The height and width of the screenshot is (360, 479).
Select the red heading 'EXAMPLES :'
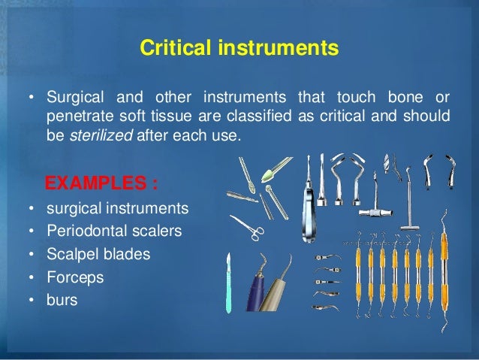tap(100, 183)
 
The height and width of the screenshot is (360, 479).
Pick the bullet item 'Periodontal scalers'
tap(113, 231)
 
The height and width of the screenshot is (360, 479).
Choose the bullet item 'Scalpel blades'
tap(98, 254)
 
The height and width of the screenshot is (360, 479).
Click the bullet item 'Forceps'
tap(74, 277)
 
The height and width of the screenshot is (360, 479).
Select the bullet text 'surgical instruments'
tap(118, 207)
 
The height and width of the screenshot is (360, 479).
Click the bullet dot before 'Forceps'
tap(31, 277)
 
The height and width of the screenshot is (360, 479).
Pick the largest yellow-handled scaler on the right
tap(444, 278)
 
